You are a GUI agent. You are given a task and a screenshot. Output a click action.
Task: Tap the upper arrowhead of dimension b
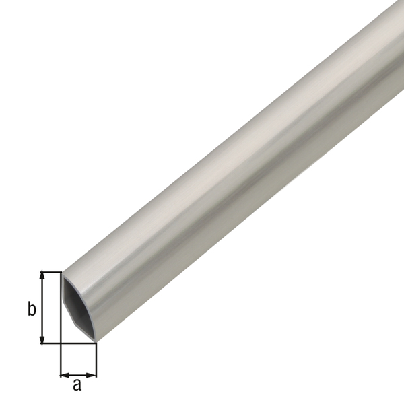pyautogui.click(x=43, y=275)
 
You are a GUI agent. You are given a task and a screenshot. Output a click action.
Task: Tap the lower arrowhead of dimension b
pyautogui.click(x=43, y=340)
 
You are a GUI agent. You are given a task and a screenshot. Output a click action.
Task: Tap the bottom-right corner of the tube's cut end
pyautogui.click(x=95, y=342)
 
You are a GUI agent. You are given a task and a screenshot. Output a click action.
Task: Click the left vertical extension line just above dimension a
pyautogui.click(x=61, y=360)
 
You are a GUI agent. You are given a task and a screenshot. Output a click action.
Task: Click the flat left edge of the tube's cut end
pyautogui.click(x=62, y=306)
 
